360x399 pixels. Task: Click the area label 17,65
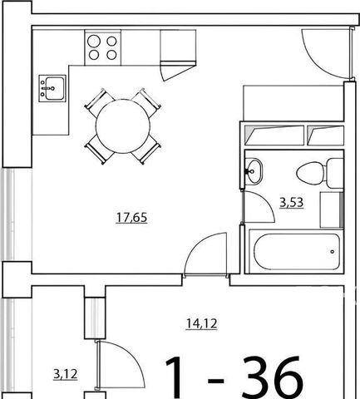pyautogui.click(x=131, y=217)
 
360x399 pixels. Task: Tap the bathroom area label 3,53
pyautogui.click(x=292, y=203)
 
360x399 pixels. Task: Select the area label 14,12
pyautogui.click(x=201, y=323)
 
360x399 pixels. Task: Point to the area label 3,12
pyautogui.click(x=66, y=375)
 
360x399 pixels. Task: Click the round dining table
pyautogui.click(x=123, y=126)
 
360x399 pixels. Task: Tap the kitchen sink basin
pyautogui.click(x=55, y=88)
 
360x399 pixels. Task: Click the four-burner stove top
pyautogui.click(x=103, y=48)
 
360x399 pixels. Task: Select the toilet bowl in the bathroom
pyautogui.click(x=310, y=174)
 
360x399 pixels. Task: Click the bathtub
pyautogui.click(x=296, y=251)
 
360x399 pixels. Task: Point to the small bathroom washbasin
pyautogui.click(x=254, y=171)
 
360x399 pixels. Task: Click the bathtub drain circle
pyautogui.click(x=333, y=252)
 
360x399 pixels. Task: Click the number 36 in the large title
pyautogui.click(x=274, y=377)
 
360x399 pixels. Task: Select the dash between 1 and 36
pyautogui.click(x=215, y=381)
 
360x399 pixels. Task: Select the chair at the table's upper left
pyautogui.click(x=99, y=101)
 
